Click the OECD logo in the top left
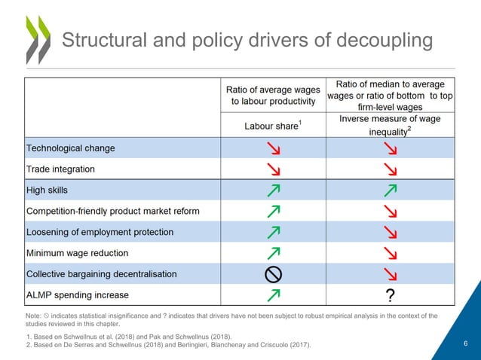coord(37,39)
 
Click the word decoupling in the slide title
coord(381,40)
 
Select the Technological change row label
coord(71,148)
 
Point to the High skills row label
coord(52,190)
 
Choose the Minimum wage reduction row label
coord(78,253)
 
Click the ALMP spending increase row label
coord(78,294)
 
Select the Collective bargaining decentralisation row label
coord(102,274)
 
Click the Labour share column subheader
coord(272,126)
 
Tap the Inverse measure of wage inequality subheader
coord(390,125)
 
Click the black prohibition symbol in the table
coord(272,274)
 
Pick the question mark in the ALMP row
coord(390,294)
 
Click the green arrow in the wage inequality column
coord(391,190)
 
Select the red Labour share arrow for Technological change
coord(272,148)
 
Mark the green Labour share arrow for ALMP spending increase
coord(272,294)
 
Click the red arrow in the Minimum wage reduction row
coord(391,253)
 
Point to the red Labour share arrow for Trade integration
coord(272,169)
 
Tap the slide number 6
coord(465,344)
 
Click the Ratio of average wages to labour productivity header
coord(272,95)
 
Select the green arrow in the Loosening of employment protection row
coord(272,232)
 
